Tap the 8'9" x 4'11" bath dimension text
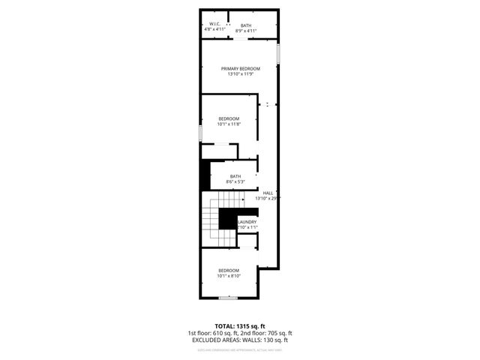246,31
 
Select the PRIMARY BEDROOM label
240,68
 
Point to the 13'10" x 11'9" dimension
240,73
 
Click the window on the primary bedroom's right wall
278,55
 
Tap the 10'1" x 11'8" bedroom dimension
229,124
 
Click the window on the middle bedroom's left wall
200,132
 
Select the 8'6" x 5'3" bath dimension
235,181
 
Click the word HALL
268,193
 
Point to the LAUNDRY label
247,222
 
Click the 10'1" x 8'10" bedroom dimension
229,275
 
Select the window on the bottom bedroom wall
228,298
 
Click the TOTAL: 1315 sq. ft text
240,326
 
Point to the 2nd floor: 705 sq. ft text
266,333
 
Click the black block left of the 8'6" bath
205,175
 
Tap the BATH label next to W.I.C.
246,25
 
